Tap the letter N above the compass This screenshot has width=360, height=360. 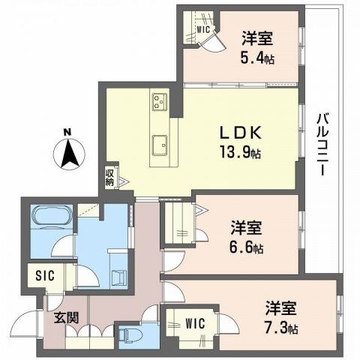(67, 133)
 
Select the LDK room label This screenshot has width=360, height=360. (240, 131)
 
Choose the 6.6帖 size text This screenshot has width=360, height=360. (248, 248)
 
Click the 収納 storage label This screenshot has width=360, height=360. (109, 177)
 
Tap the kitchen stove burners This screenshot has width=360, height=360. (160, 100)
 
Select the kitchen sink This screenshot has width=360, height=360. (159, 143)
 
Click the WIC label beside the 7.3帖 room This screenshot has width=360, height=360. (197, 325)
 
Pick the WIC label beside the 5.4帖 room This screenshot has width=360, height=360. (202, 31)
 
